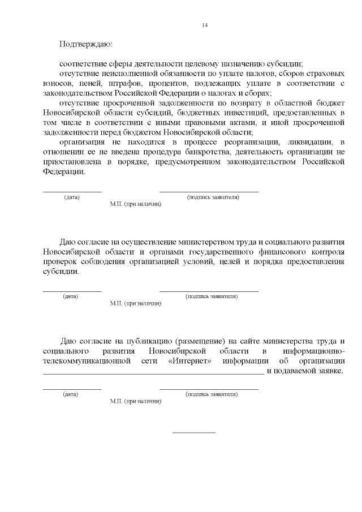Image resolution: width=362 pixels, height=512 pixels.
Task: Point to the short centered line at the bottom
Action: [x=193, y=433]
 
